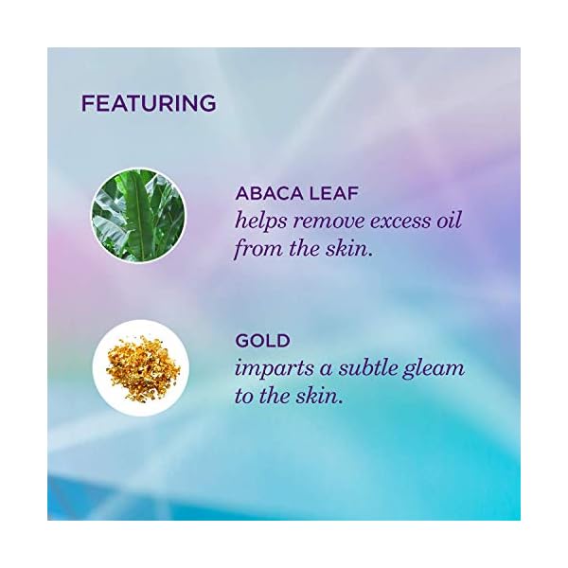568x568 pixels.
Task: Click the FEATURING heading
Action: [149, 102]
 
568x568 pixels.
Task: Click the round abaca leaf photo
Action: [139, 215]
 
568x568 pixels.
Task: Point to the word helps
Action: [261, 222]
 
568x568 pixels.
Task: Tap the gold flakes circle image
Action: [140, 370]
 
